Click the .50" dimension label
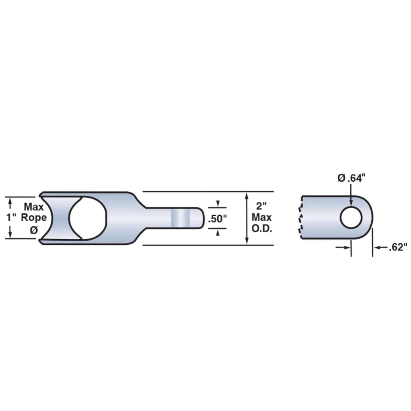point(217,219)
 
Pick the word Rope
point(34,218)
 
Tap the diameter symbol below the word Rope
point(34,230)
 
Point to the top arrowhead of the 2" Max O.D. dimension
point(247,196)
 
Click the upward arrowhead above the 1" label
point(10,202)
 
